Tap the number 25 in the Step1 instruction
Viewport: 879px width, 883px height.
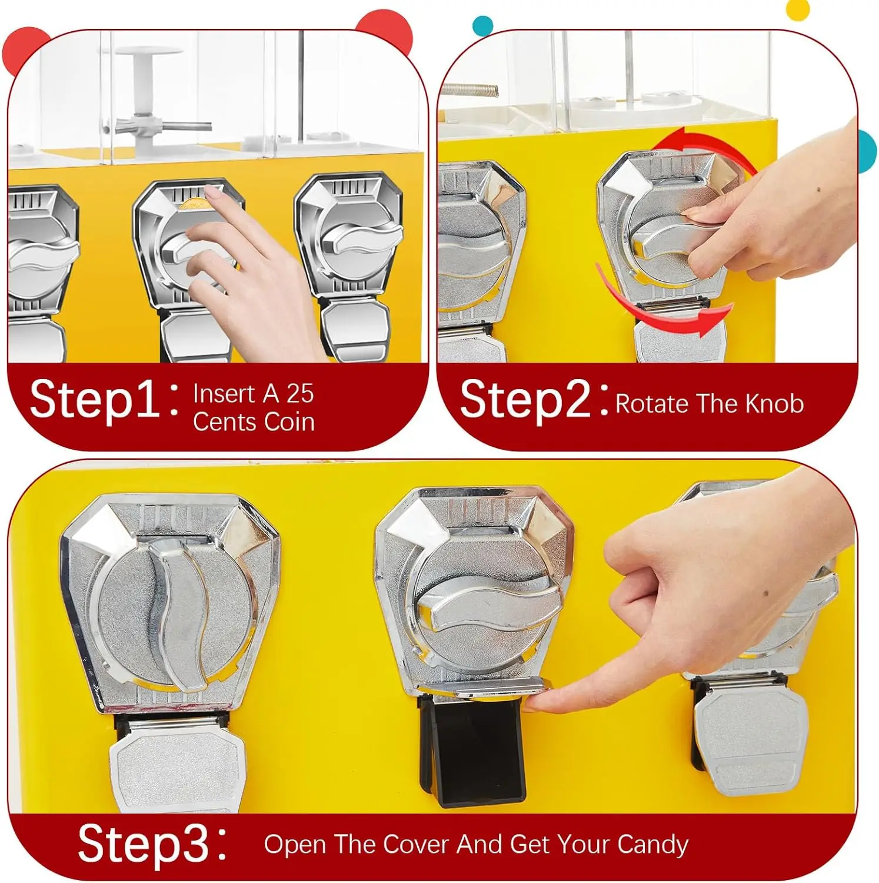point(300,394)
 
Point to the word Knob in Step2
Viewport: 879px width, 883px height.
point(774,404)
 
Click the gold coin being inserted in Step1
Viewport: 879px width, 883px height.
point(194,204)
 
